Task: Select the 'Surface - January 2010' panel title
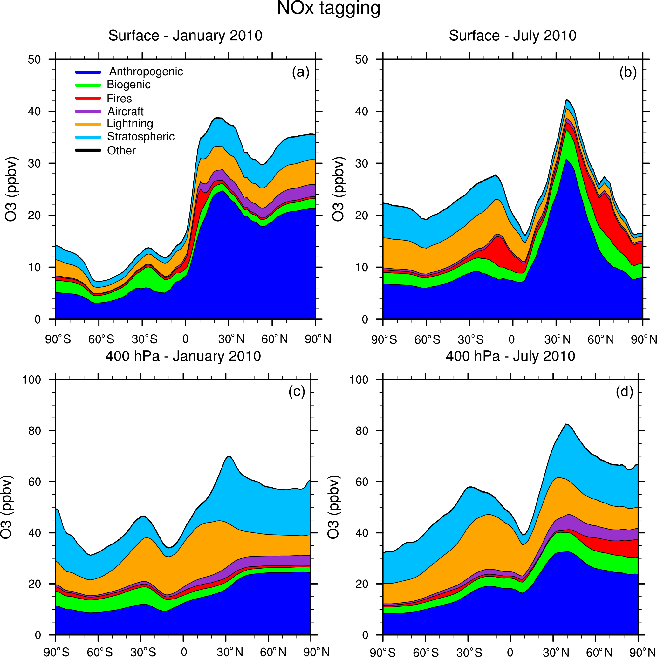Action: (x=185, y=36)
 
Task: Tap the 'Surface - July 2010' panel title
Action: (x=512, y=36)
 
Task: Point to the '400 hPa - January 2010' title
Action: (x=183, y=356)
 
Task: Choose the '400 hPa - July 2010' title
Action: (x=510, y=356)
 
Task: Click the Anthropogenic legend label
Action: (x=146, y=72)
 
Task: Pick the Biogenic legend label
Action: (x=128, y=84)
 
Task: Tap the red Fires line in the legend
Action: (x=88, y=98)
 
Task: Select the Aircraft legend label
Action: (x=126, y=111)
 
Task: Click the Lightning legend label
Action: (x=130, y=123)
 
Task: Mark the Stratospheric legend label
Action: (x=141, y=137)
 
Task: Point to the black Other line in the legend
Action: (x=88, y=150)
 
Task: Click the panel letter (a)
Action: (x=301, y=72)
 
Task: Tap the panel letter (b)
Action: (x=628, y=72)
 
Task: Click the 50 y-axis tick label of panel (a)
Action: (x=34, y=59)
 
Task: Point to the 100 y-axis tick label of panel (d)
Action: (x=359, y=380)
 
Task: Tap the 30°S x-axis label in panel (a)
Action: (x=145, y=339)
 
